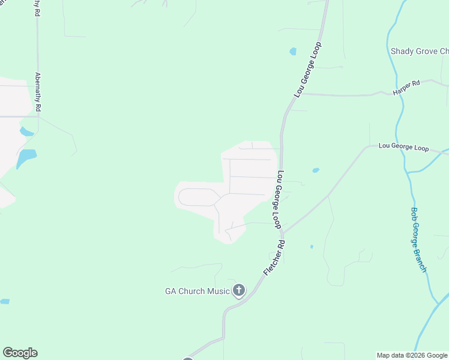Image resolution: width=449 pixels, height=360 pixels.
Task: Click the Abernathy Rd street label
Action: pos(38,92)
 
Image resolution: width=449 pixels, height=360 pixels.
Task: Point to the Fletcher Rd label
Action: pos(273,258)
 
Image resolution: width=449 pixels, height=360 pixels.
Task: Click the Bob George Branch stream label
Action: pos(418,239)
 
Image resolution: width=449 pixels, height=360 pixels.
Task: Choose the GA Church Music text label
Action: pos(197,292)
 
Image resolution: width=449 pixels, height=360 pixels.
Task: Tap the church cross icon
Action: pos(239,291)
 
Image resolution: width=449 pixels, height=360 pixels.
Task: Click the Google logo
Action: pos(20,353)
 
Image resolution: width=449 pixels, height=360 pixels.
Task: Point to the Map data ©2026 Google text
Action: pos(412,355)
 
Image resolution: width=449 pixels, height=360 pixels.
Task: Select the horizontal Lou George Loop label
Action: pos(403,147)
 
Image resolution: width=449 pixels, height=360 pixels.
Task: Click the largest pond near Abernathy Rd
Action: pos(26,158)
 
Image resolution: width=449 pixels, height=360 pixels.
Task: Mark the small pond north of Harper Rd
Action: pos(293,52)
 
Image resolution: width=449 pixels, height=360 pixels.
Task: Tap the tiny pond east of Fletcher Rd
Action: pos(312,247)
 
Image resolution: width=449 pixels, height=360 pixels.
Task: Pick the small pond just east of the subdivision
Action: pos(316,170)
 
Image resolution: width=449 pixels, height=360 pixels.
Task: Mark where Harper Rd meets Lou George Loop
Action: pos(301,94)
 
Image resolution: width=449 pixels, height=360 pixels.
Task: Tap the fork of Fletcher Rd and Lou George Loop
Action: pos(283,232)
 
